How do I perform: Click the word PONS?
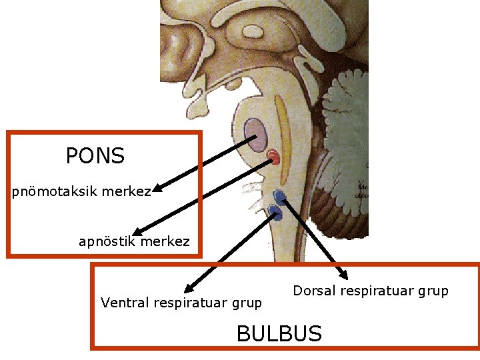coord(95,156)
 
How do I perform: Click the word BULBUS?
coord(279,333)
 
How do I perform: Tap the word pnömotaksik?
coord(55,192)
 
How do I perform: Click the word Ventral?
coord(125,303)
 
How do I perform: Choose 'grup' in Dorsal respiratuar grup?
coord(434,291)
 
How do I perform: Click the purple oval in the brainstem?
coord(255,134)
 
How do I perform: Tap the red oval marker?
coord(273,157)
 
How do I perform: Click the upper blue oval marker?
coord(280,196)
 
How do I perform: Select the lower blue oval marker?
coord(275,213)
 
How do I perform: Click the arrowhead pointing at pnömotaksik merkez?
coord(158,189)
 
